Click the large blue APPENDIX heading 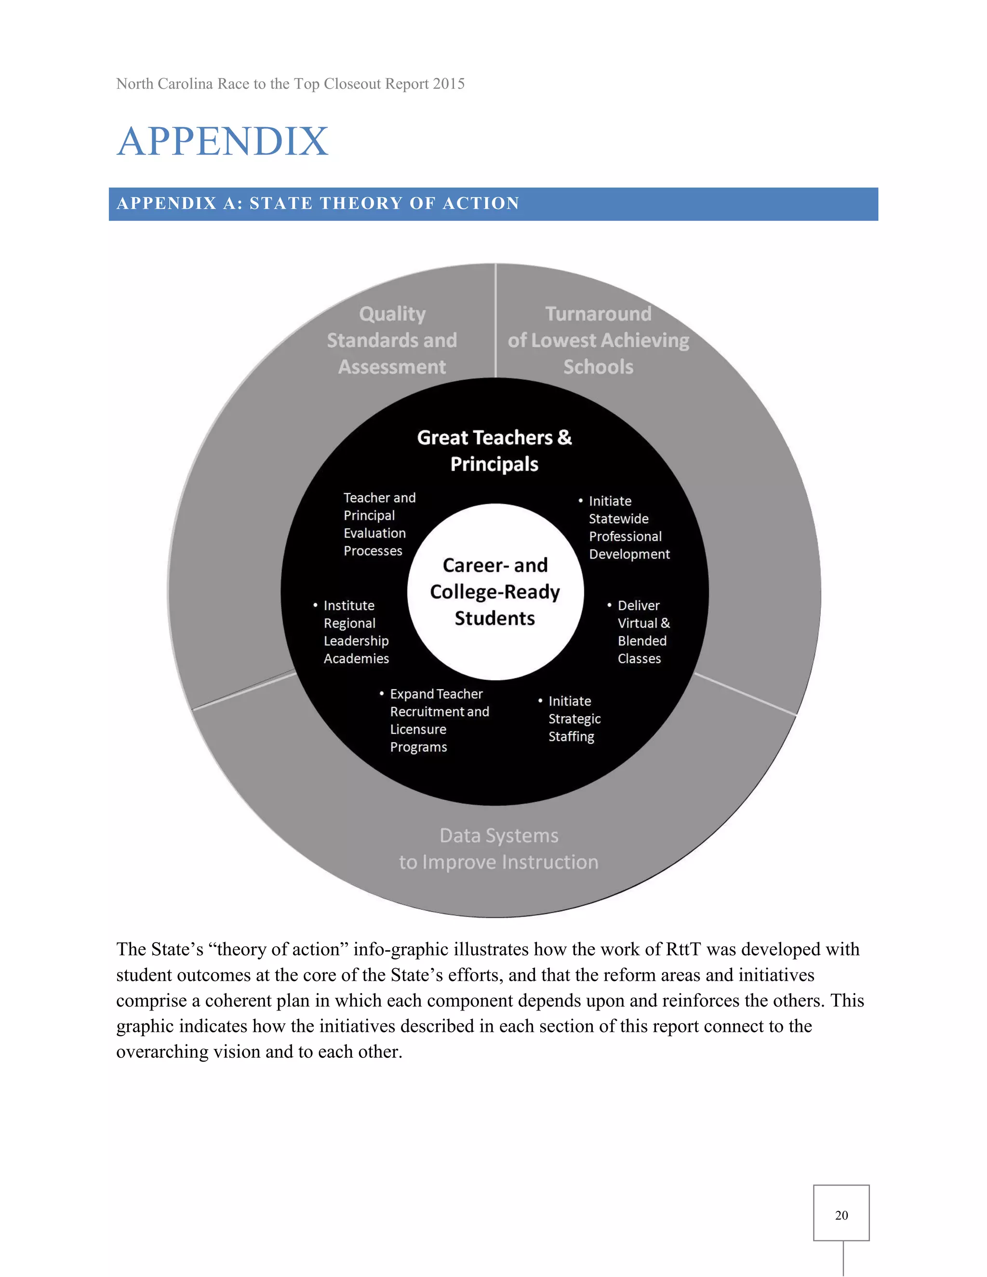coord(223,142)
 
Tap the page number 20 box coord(841,1214)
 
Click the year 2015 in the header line coord(449,84)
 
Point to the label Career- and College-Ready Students coord(494,592)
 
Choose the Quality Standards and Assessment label coord(392,340)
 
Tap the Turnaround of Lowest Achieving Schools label coord(598,340)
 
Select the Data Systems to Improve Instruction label coord(498,849)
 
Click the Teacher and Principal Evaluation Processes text coord(378,524)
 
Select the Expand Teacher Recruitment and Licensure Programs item coord(439,720)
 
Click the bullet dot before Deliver coord(609,605)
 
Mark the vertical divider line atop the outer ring coord(495,321)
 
